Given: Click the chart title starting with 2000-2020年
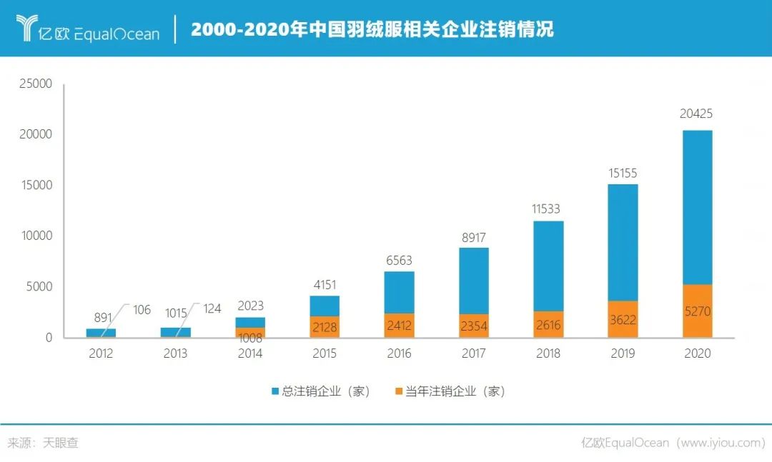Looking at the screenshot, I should pyautogui.click(x=372, y=29).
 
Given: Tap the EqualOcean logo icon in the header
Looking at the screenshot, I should pyautogui.click(x=27, y=28).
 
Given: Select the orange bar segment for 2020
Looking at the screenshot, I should pyautogui.click(x=697, y=311).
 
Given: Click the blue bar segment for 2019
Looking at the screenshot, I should pyautogui.click(x=623, y=243).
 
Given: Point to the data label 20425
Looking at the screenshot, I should pyautogui.click(x=696, y=114).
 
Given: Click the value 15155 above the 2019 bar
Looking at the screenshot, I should pyautogui.click(x=622, y=173).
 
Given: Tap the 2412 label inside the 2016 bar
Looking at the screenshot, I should pyautogui.click(x=399, y=326).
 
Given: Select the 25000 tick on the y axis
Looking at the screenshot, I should pyautogui.click(x=35, y=84).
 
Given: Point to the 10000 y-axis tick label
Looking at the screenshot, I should pyautogui.click(x=35, y=236).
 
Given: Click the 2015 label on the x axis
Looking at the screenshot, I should pyautogui.click(x=325, y=353).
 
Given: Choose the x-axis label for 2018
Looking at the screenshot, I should pyautogui.click(x=548, y=353).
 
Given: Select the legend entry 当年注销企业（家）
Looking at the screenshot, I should pyautogui.click(x=450, y=391).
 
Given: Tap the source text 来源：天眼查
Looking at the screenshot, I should pyautogui.click(x=43, y=443).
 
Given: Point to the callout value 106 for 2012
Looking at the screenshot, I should pyautogui.click(x=142, y=309).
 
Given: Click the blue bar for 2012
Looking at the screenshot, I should pyautogui.click(x=101, y=333).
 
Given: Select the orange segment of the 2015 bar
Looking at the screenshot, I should pyautogui.click(x=325, y=327).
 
